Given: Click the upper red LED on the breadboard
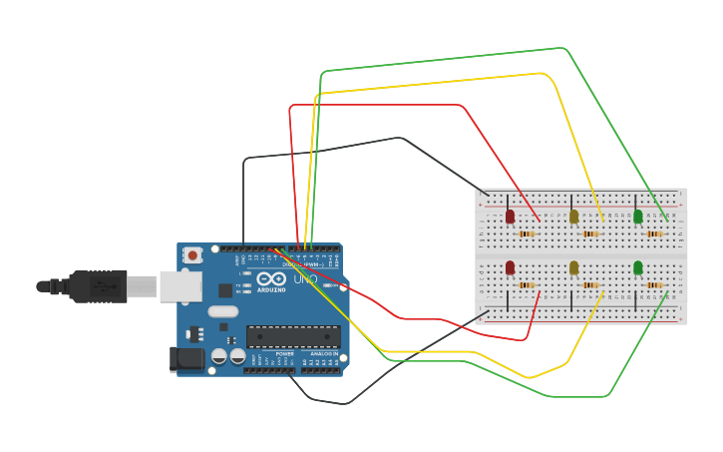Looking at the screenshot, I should (510, 216).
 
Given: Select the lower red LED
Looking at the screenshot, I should (510, 266).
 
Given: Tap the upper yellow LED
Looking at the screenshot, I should (573, 216).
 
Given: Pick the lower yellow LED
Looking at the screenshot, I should (573, 266).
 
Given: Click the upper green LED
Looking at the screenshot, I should (638, 216).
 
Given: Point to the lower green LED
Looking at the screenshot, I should (638, 266).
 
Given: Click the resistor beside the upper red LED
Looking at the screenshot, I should (527, 234).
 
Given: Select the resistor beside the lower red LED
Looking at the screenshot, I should (527, 285).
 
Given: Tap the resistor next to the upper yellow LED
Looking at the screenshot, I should (590, 234).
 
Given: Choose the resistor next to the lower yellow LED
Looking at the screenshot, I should (590, 285).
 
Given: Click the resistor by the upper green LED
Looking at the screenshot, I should (654, 234).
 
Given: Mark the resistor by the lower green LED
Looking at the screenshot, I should (654, 285).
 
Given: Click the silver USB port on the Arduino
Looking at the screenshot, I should (181, 286).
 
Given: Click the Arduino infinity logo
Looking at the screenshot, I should (269, 279).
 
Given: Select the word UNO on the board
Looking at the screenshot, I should (305, 279).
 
